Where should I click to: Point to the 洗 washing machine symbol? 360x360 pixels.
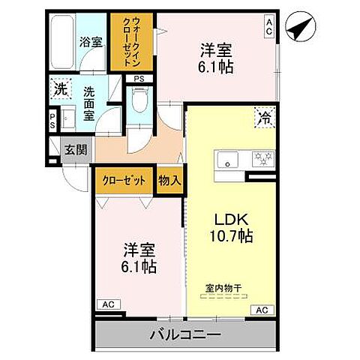coord(60,89)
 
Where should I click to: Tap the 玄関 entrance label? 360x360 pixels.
coord(75,149)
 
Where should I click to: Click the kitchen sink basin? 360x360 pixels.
coord(226,159)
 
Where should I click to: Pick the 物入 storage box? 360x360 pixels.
coord(169,181)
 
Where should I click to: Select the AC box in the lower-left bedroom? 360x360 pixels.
coord(107,305)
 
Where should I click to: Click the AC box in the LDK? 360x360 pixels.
coord(262,309)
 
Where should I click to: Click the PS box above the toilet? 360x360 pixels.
coord(139,78)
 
